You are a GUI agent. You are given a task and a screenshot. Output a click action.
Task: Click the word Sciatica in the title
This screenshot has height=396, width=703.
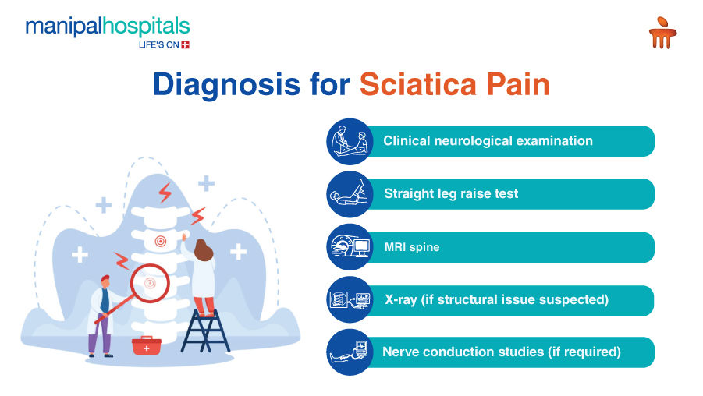point(418,84)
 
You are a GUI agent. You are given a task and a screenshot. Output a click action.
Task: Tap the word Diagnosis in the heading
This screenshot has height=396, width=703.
point(226,85)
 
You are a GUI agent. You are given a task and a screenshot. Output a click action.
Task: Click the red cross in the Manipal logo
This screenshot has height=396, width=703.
point(185,44)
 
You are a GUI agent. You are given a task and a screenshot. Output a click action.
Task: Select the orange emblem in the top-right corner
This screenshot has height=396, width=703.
point(662,33)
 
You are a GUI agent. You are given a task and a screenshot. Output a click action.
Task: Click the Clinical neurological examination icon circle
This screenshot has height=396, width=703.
point(350,142)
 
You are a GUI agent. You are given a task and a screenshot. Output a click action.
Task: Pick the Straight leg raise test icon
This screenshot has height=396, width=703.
point(350,194)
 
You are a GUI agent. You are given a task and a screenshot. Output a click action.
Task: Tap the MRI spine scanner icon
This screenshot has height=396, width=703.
point(350,247)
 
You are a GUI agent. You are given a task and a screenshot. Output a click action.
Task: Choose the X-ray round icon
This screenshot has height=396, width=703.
point(350,299)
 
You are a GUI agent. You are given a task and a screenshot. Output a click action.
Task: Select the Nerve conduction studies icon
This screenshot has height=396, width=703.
point(350,352)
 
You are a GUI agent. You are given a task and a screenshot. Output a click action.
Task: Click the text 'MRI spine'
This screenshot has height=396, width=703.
point(412,247)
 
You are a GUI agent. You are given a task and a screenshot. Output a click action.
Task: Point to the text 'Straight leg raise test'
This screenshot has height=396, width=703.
point(451,193)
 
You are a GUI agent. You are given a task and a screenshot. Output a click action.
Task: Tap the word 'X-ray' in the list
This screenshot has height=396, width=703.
point(401,299)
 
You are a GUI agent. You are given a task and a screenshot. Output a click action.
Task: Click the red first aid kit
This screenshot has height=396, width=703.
point(146,345)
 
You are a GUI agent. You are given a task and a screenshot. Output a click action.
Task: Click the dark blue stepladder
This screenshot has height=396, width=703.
point(205,331)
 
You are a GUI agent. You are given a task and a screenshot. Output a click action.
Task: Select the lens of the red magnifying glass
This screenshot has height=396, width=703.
point(150,283)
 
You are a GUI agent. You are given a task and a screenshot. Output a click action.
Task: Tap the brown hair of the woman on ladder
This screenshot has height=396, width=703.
point(203,250)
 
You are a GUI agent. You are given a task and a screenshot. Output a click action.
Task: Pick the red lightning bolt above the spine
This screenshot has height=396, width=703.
point(165,193)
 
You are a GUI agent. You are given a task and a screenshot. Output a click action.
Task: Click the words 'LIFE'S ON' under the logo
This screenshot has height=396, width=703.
point(159,44)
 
